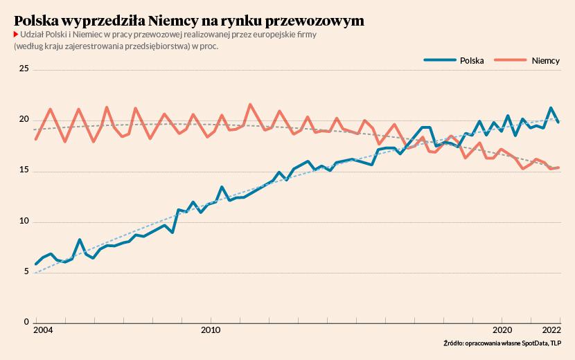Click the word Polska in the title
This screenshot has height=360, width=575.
tap(35, 21)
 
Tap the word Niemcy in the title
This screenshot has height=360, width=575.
tap(172, 21)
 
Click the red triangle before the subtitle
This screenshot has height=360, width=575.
tap(16, 35)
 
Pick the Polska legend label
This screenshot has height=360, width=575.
tap(472, 60)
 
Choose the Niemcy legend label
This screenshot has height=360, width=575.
tap(546, 60)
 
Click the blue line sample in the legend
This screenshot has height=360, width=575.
tap(440, 60)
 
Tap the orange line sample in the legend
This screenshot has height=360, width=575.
tap(510, 60)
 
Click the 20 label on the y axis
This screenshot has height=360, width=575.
tap(24, 119)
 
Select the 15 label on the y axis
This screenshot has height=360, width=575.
tap(24, 170)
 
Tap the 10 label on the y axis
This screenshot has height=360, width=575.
tap(24, 221)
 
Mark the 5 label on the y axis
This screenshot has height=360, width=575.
tap(26, 271)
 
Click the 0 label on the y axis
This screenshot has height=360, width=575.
tap(26, 321)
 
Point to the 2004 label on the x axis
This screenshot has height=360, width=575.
tap(43, 330)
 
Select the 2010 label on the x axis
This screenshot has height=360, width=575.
tap(211, 330)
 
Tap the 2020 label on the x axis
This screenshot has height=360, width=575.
tap(502, 330)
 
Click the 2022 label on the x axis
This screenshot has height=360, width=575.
tap(551, 330)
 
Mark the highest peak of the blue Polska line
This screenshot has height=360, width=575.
tap(551, 108)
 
